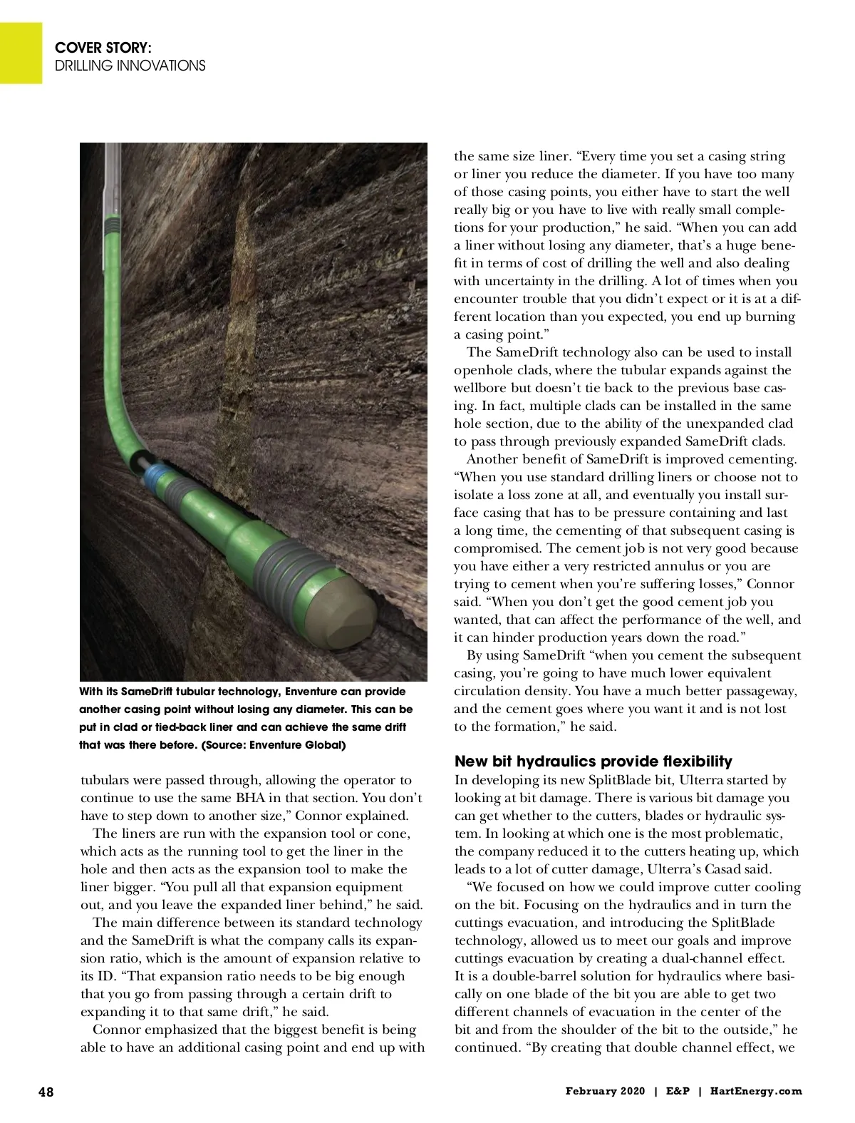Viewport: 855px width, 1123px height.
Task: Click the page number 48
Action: click(x=46, y=1092)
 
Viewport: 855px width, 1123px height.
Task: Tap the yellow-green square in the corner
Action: click(x=21, y=53)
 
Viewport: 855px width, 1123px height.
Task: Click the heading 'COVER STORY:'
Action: click(x=103, y=48)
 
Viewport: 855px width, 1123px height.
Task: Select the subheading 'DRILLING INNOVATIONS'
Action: click(x=130, y=66)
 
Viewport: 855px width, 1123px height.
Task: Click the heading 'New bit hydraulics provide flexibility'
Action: click(x=593, y=762)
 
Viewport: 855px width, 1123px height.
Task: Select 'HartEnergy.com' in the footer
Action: click(x=756, y=1091)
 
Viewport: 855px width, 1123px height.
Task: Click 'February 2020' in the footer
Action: click(x=605, y=1091)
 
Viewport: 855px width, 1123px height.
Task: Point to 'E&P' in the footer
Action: click(x=677, y=1091)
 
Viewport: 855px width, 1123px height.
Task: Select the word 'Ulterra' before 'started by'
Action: click(x=694, y=780)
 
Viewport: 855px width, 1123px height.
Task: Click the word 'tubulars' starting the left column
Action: click(x=105, y=780)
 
